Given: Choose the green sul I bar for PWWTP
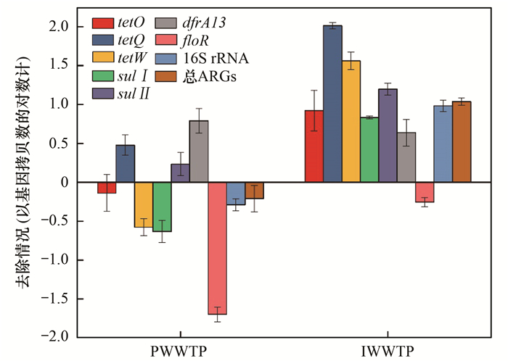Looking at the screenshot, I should (162, 207).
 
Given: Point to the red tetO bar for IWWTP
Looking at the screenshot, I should (314, 146).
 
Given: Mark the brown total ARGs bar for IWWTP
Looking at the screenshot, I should (462, 141).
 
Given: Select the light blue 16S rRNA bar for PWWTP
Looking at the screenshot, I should (236, 194).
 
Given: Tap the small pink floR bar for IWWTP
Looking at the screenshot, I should (425, 192).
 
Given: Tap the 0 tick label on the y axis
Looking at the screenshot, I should (64, 182).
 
